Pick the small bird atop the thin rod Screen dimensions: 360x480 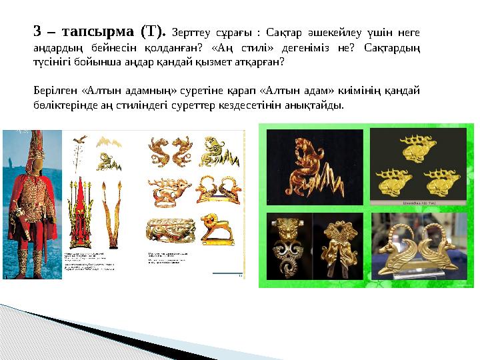coord(80,139)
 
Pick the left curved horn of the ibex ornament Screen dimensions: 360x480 coord(399,237)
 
